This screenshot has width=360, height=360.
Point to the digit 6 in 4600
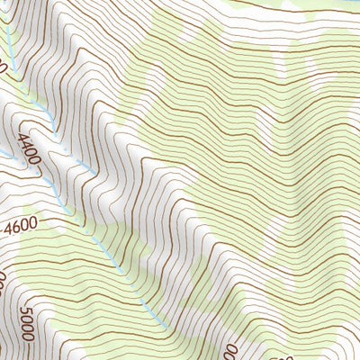(x=22, y=229)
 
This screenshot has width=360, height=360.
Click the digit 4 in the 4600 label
(x=10, y=231)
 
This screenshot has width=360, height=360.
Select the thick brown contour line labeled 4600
(x=63, y=220)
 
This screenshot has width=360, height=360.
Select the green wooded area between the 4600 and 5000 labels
(x=45, y=270)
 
